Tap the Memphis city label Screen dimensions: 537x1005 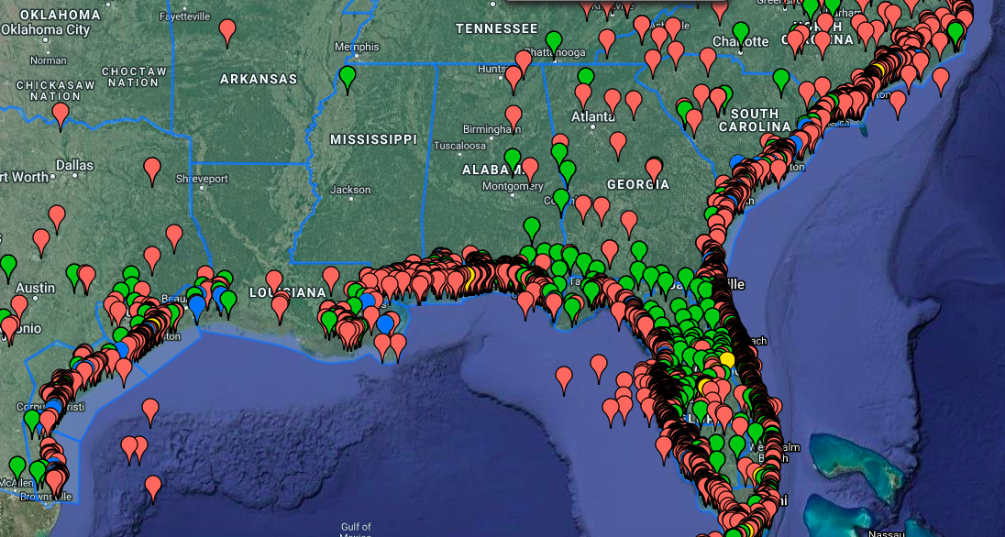(x=357, y=47)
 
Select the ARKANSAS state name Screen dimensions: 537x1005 (x=259, y=80)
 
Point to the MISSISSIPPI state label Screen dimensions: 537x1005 (x=373, y=139)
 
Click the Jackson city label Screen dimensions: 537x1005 (x=350, y=190)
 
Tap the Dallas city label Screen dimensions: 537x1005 (x=74, y=166)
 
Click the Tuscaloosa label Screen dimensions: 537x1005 (x=459, y=146)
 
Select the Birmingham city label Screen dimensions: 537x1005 (x=485, y=128)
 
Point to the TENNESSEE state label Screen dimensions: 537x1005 (x=496, y=28)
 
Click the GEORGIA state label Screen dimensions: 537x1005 (x=637, y=184)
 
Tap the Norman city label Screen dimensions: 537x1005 (x=48, y=60)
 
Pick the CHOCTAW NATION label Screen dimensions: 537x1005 (x=134, y=77)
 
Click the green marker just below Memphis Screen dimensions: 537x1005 (x=348, y=76)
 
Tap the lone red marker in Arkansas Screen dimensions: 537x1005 (x=227, y=31)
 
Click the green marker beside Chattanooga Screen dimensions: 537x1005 (x=554, y=40)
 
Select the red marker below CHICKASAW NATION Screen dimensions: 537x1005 (x=61, y=114)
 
